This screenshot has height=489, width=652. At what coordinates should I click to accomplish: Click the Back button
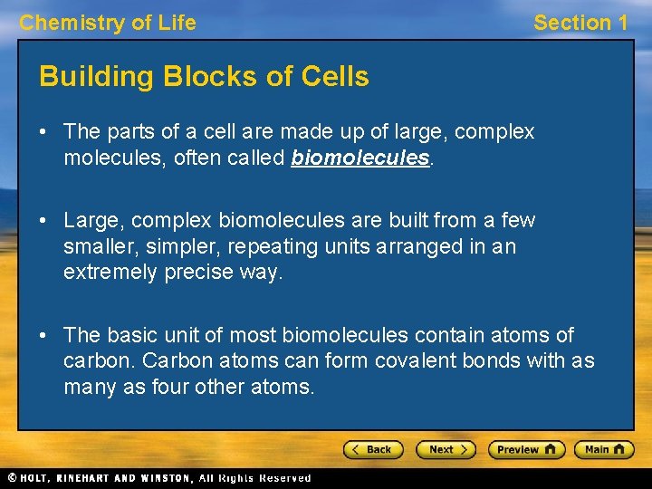tap(372, 449)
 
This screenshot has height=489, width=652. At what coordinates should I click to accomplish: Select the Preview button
tap(526, 449)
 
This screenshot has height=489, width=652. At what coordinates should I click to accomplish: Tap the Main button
tap(606, 449)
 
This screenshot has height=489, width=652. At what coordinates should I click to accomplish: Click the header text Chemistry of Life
tap(108, 23)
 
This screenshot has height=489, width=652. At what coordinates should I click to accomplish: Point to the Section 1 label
tap(580, 23)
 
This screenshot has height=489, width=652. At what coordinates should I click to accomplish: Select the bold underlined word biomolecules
tap(360, 158)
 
